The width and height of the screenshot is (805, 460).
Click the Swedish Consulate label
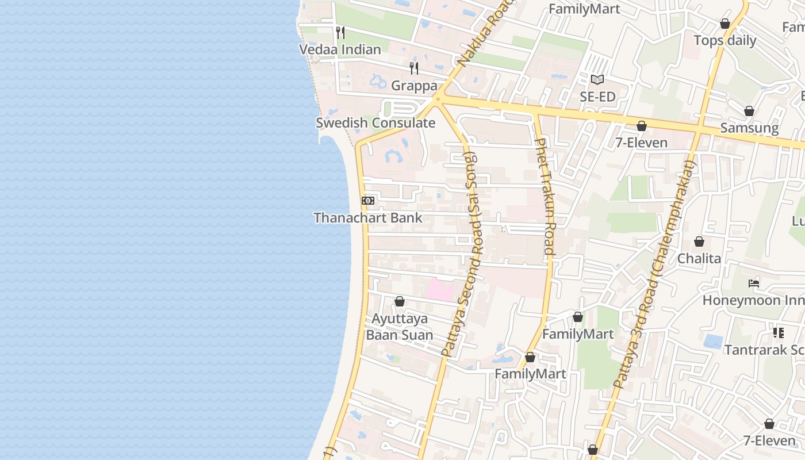(x=375, y=123)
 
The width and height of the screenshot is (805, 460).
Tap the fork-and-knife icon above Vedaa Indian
(x=340, y=32)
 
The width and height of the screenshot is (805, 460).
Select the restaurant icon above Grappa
(x=414, y=68)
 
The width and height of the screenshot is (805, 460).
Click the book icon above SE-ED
(x=597, y=79)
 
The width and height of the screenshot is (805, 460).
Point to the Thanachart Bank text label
(x=368, y=218)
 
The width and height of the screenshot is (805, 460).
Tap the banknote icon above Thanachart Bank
(x=368, y=201)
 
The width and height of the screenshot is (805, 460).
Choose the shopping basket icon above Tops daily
(x=724, y=24)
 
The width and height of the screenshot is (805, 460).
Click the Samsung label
(x=749, y=128)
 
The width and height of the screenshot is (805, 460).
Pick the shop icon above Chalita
(x=699, y=241)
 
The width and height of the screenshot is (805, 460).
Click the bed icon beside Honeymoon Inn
(x=754, y=283)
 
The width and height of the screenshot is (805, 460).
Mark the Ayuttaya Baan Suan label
(x=400, y=327)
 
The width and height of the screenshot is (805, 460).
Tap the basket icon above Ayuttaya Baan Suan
(x=400, y=301)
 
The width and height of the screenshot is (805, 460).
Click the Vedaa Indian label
(x=340, y=49)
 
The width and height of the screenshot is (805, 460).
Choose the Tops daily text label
(x=724, y=41)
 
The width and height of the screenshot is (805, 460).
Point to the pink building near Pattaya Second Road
(x=440, y=289)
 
